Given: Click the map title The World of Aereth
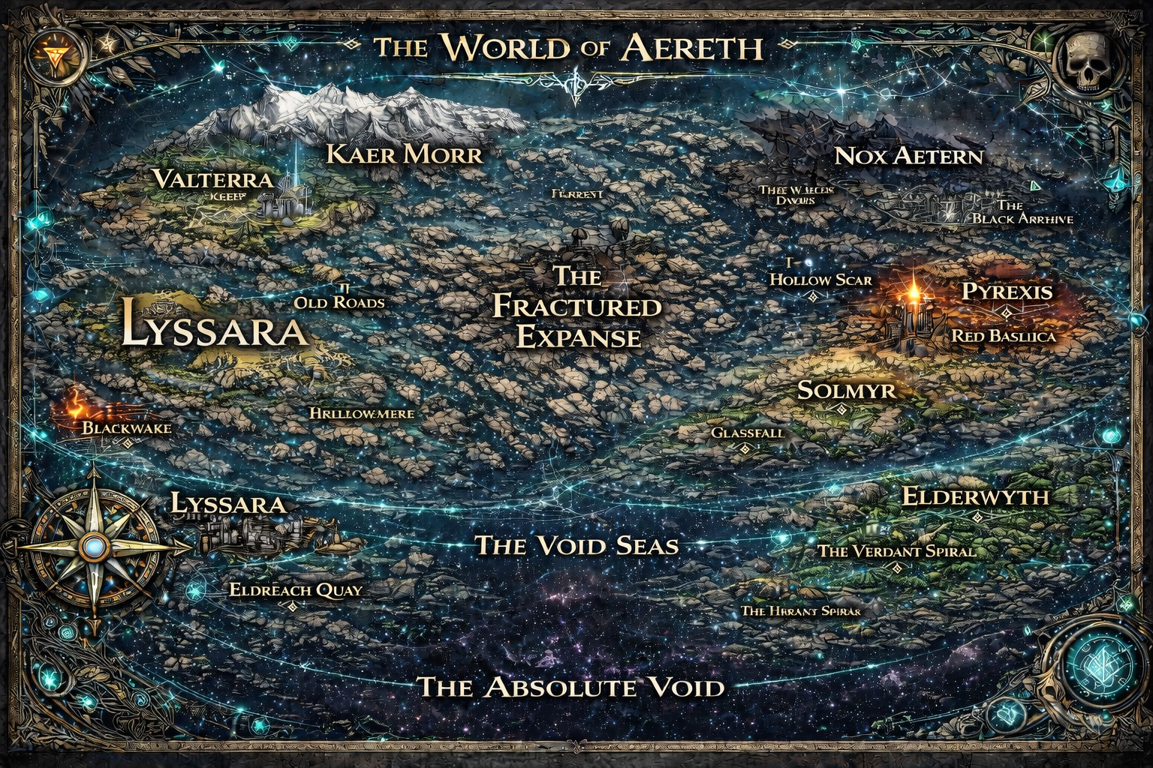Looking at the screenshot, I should (568, 48).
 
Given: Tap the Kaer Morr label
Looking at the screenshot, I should (405, 154).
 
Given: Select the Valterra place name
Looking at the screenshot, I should (212, 179).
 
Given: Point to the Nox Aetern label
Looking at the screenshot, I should (908, 156).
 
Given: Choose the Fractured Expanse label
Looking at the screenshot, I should (576, 307).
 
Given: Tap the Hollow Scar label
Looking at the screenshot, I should (821, 280).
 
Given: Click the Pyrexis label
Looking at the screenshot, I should (1007, 291).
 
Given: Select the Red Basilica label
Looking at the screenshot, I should (1004, 336).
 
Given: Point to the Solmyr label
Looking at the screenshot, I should (846, 390).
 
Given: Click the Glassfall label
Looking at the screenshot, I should (747, 433).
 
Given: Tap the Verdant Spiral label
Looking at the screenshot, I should (896, 551).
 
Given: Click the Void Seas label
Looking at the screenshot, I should (576, 545).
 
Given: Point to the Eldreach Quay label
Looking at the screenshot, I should (296, 589).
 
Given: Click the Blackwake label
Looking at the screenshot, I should (126, 428).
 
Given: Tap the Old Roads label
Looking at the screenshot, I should (339, 303).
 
